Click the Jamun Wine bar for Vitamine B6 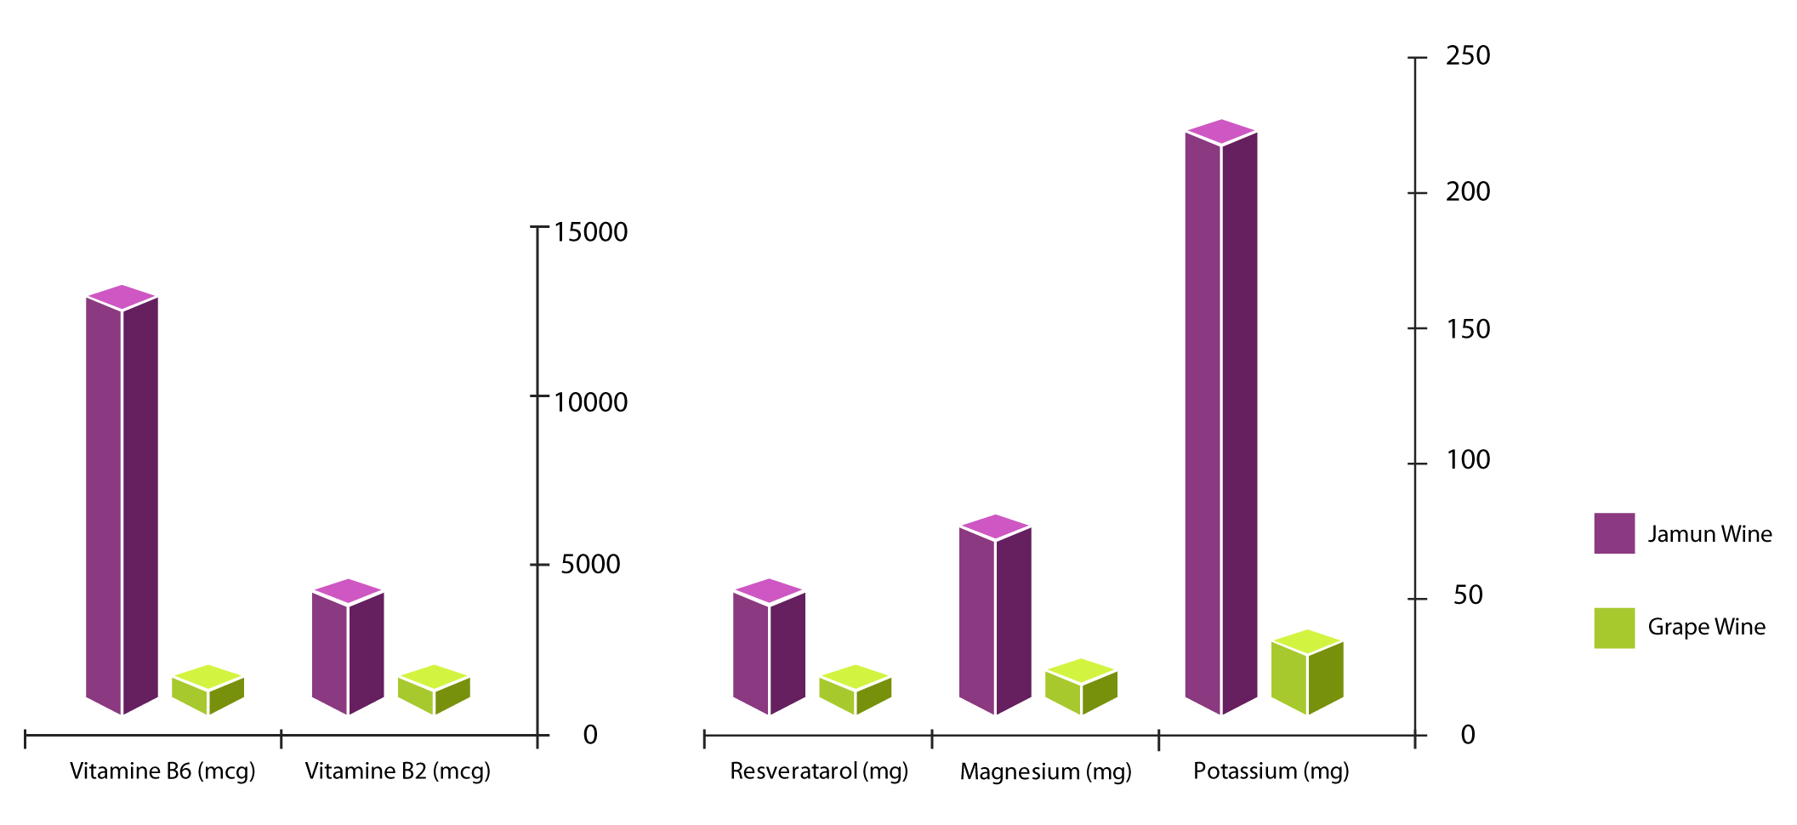(122, 502)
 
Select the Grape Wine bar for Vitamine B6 (208, 691)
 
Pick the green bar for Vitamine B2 (434, 691)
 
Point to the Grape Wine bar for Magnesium (1081, 688)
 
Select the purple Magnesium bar (995, 617)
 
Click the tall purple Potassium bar (1221, 421)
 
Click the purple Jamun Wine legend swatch (1613, 533)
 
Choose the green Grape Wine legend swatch (1613, 628)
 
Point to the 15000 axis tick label (590, 232)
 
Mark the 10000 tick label (590, 402)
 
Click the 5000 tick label (590, 564)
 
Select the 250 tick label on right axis (1468, 56)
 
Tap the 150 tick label (1468, 328)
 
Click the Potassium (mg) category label (1271, 771)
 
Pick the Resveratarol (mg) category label (819, 771)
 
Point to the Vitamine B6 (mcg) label (162, 771)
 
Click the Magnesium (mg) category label (1045, 771)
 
